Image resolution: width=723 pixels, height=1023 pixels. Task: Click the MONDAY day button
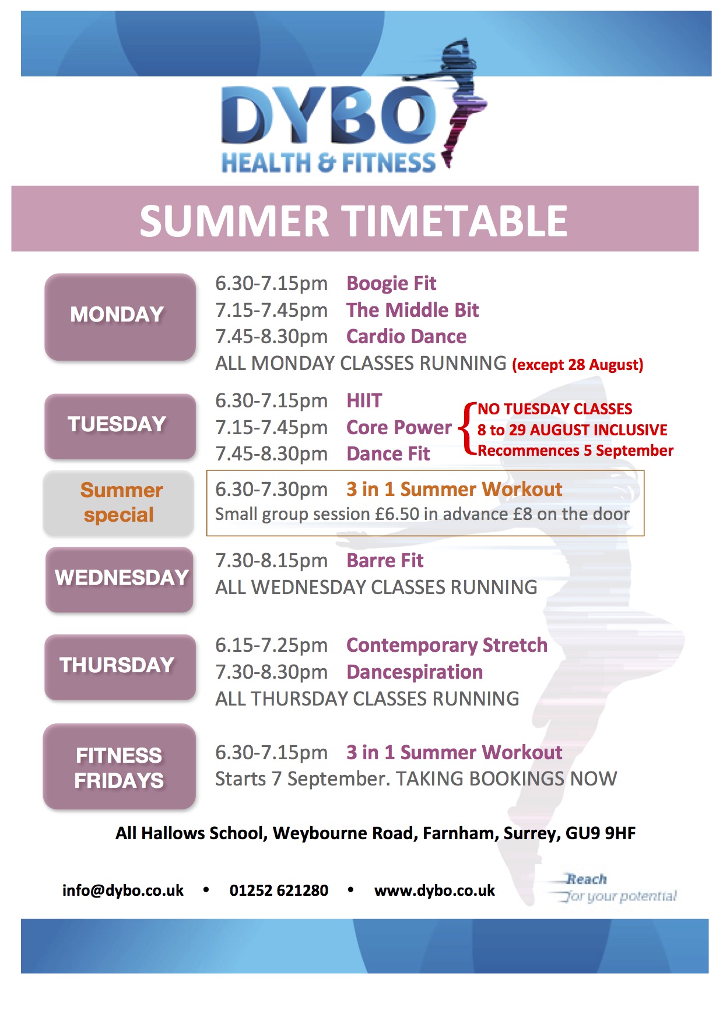pos(120,317)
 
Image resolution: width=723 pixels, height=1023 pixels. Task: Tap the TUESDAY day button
pos(120,427)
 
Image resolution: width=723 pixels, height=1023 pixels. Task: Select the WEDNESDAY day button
pos(120,579)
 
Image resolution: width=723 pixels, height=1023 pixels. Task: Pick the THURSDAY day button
pos(120,667)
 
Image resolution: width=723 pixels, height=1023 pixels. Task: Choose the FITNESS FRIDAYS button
pos(120,766)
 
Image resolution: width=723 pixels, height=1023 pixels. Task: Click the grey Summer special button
pos(118,503)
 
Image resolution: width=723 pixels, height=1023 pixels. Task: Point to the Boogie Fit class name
pos(391,284)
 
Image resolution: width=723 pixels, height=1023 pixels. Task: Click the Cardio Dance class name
pos(406,337)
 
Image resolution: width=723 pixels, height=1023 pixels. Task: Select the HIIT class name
pos(364,401)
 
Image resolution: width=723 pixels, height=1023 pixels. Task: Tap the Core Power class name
pos(399,428)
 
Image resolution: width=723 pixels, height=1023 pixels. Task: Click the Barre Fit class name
pos(385,561)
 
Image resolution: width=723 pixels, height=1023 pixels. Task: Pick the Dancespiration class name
pos(415,672)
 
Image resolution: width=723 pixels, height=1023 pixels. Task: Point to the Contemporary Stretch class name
pos(447,645)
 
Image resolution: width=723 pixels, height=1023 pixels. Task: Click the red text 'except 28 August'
pos(578,365)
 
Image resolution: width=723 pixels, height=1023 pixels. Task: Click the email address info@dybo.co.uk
pos(123,891)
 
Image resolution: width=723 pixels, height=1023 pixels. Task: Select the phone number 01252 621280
pos(279,891)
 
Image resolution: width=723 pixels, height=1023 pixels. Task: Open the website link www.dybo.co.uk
pos(434,891)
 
